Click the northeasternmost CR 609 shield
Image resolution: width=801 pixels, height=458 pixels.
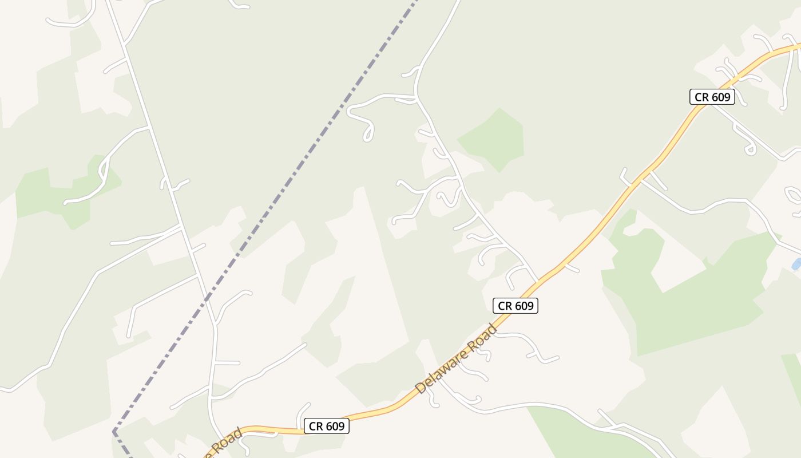point(712,97)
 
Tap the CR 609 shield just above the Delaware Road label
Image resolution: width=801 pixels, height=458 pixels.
point(516,306)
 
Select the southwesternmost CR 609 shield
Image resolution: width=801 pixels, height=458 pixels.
point(326,426)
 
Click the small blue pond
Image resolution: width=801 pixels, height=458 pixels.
point(796,264)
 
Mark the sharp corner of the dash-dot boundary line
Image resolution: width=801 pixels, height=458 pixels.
point(114,431)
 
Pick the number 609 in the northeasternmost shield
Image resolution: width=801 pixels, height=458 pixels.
point(720,97)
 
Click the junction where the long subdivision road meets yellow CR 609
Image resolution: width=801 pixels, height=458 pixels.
point(538,282)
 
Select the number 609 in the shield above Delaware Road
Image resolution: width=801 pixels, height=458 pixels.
point(524,306)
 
